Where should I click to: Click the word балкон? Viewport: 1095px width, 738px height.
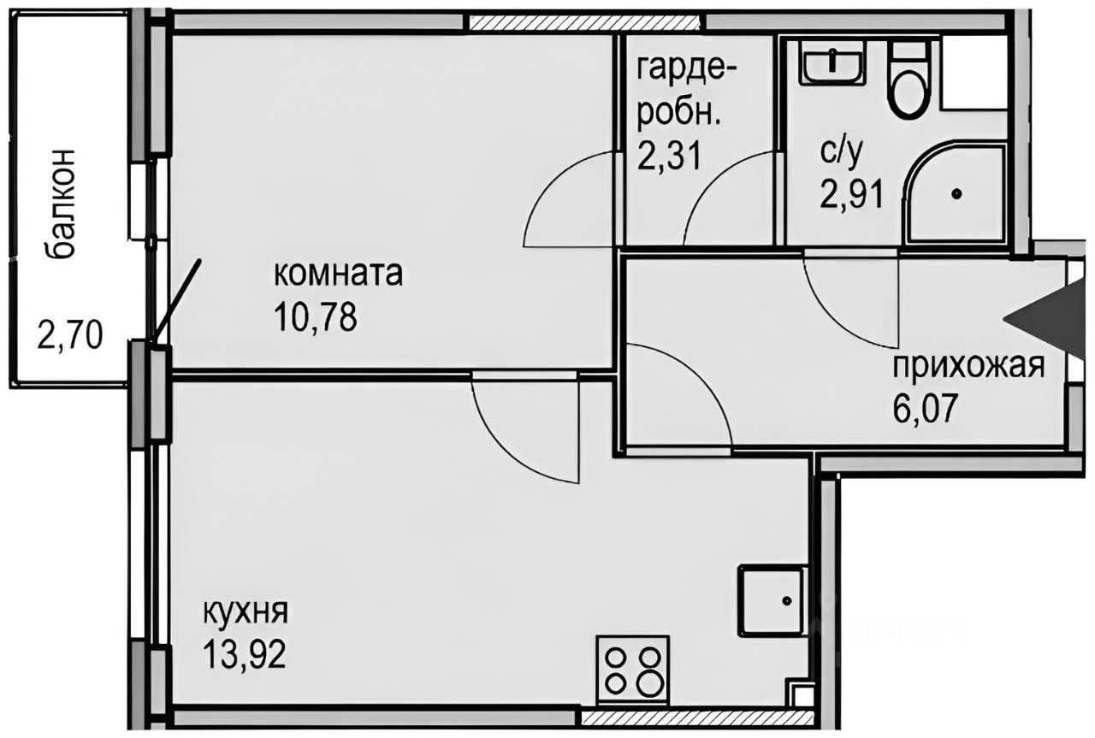coord(62,203)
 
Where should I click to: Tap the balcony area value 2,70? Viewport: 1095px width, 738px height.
coord(70,334)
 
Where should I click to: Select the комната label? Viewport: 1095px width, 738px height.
coord(337,275)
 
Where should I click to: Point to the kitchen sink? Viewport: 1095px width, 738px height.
coord(772,601)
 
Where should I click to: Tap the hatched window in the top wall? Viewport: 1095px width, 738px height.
coord(586,21)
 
